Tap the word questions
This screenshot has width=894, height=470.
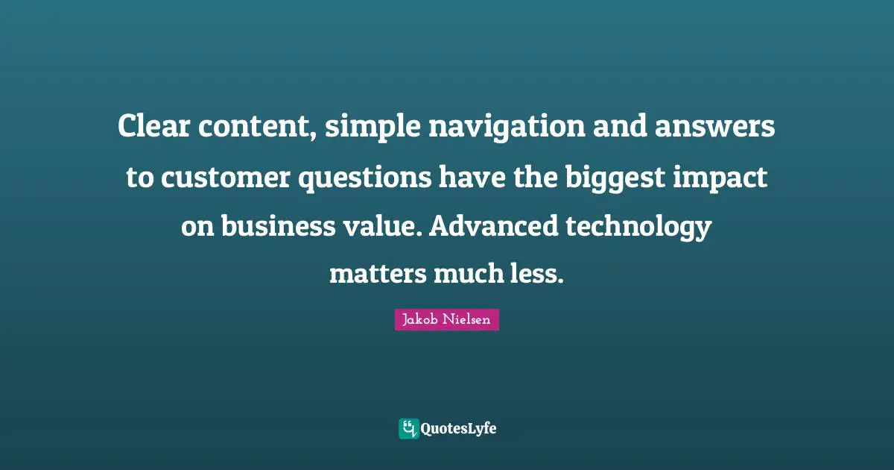pos(363,178)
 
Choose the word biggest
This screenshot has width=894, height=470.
pos(601,178)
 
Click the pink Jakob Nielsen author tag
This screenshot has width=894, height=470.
pos(446,320)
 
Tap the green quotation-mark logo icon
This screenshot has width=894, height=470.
pos(408,429)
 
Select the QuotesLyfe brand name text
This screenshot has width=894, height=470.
pos(459,429)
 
